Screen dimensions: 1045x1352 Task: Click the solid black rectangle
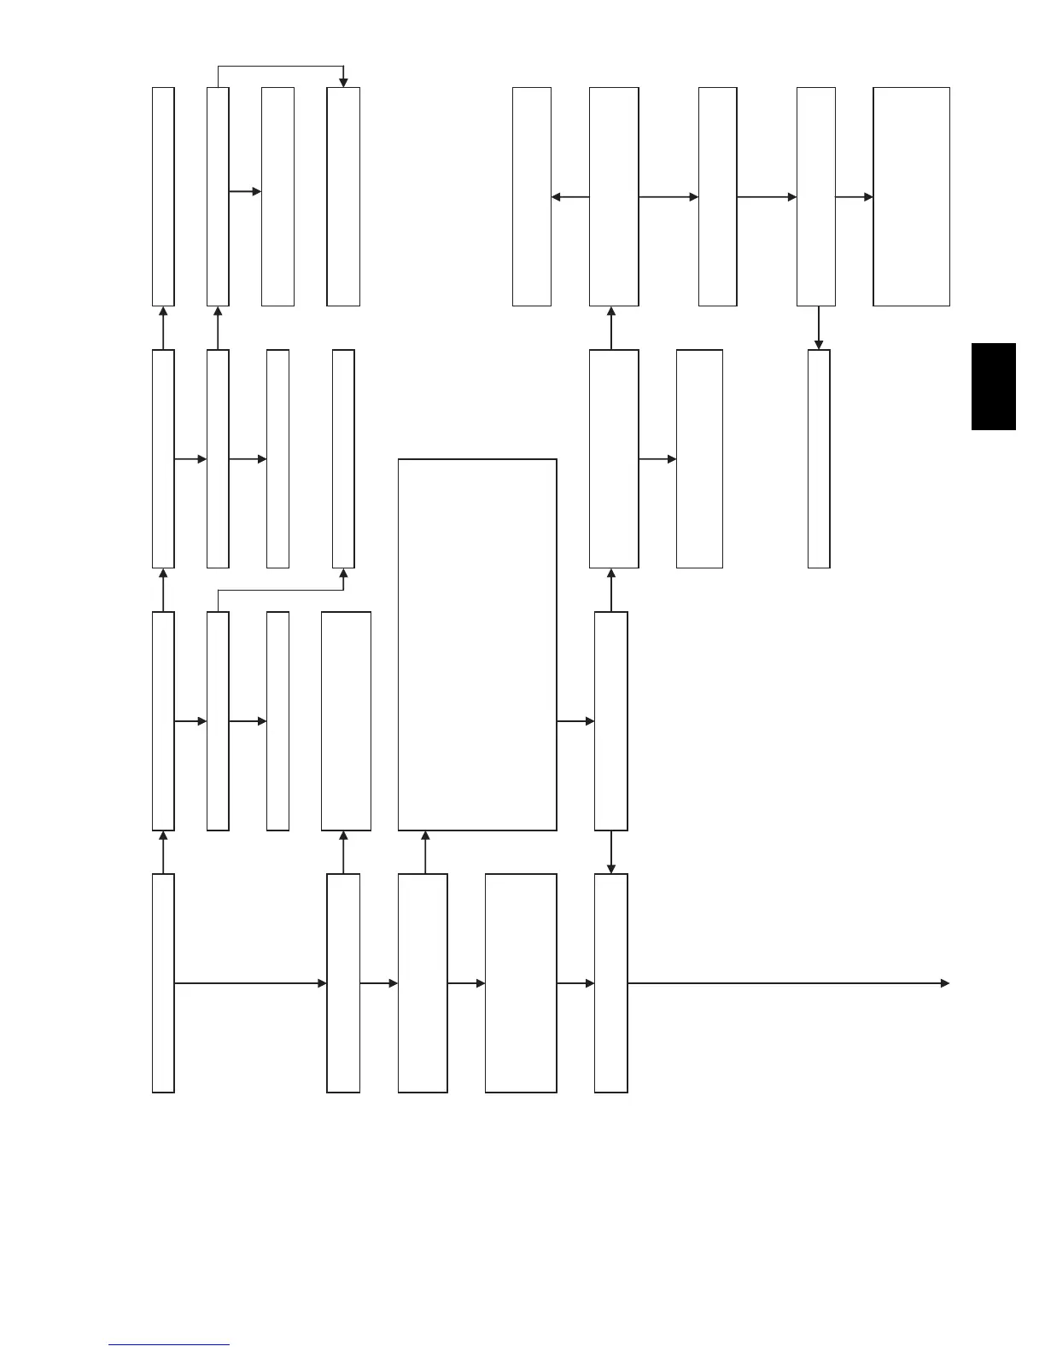pyautogui.click(x=993, y=387)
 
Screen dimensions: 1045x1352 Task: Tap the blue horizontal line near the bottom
pyautogui.click(x=169, y=1345)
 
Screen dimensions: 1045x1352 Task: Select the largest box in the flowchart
pyautogui.click(x=477, y=644)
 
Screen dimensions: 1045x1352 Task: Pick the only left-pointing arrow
pyautogui.click(x=570, y=197)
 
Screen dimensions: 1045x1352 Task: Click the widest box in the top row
pyautogui.click(x=911, y=196)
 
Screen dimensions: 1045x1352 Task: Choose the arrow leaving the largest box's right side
pyautogui.click(x=575, y=721)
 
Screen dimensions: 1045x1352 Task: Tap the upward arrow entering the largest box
pyautogui.click(x=424, y=852)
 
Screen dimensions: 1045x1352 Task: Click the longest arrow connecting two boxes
pyautogui.click(x=250, y=983)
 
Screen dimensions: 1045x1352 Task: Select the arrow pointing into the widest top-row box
pyautogui.click(x=854, y=197)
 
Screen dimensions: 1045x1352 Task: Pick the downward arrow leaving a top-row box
pyautogui.click(x=819, y=328)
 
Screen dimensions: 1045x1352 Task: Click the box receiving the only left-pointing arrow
pyautogui.click(x=531, y=196)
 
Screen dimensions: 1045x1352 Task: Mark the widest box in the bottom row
pyautogui.click(x=521, y=982)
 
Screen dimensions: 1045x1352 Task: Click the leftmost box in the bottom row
pyautogui.click(x=163, y=982)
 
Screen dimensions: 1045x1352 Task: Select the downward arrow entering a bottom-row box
pyautogui.click(x=610, y=852)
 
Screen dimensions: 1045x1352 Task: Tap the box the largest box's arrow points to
pyautogui.click(x=610, y=721)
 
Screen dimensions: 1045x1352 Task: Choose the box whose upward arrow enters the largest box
pyautogui.click(x=423, y=982)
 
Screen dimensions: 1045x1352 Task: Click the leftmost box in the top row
pyautogui.click(x=163, y=196)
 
